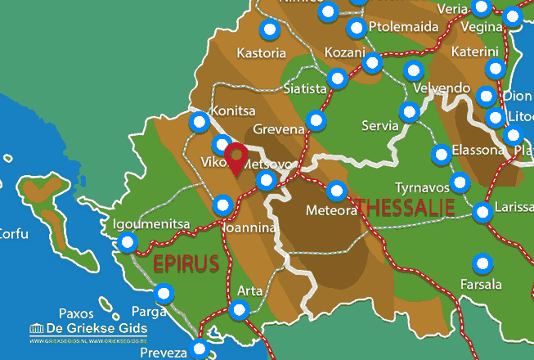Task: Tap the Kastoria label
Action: [x=261, y=53]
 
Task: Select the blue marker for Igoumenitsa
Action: [x=128, y=242]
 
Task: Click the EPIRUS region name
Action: [x=186, y=263]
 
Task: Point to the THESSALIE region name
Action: [x=403, y=207]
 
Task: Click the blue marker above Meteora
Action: [x=336, y=191]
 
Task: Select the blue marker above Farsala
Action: [x=482, y=264]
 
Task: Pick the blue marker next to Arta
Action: [x=239, y=309]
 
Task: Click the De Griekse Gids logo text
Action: [x=89, y=328]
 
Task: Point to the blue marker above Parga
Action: [x=164, y=293]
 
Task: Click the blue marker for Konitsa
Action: [x=199, y=123]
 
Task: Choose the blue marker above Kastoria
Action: [x=269, y=30]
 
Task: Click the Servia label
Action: [x=380, y=126]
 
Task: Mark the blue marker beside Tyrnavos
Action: [x=460, y=182]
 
